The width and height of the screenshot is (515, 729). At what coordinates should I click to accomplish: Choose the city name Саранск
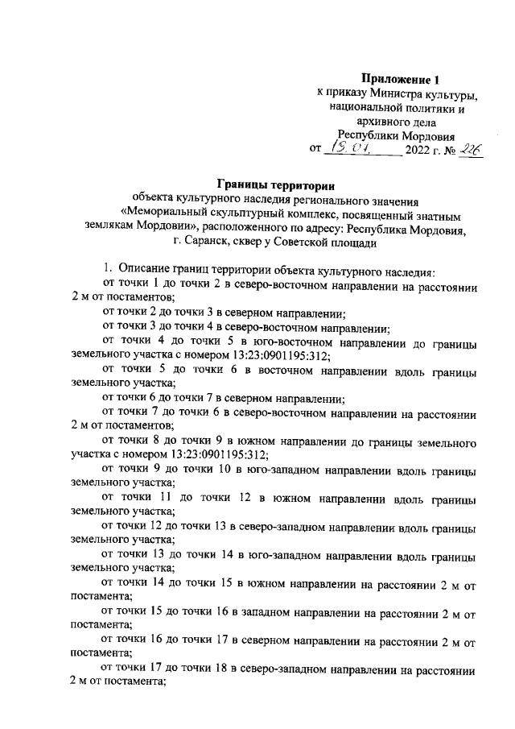pos(203,242)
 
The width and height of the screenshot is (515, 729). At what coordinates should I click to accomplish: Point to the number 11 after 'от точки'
pos(185,499)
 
